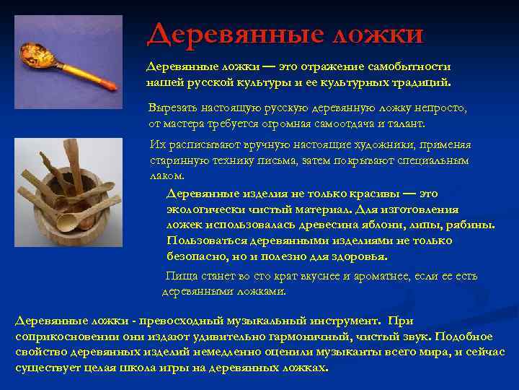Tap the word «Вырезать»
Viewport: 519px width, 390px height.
pos(174,108)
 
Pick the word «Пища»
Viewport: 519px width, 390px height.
pos(179,276)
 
